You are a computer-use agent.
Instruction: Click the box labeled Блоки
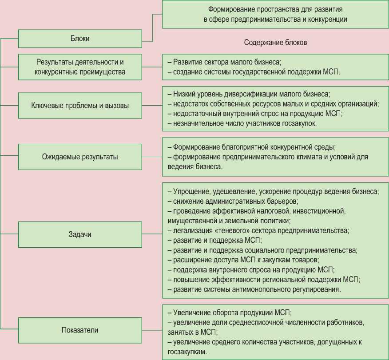point(80,39)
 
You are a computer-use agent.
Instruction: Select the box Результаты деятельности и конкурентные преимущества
point(80,67)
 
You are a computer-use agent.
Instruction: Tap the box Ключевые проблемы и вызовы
point(80,106)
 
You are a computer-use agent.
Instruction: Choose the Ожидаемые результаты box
point(80,157)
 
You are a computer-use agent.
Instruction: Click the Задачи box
point(80,234)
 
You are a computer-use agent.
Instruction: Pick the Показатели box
point(80,330)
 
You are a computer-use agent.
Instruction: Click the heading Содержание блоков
point(275,43)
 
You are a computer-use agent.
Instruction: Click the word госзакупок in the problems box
point(298,123)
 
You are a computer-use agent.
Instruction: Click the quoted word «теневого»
point(219,231)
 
